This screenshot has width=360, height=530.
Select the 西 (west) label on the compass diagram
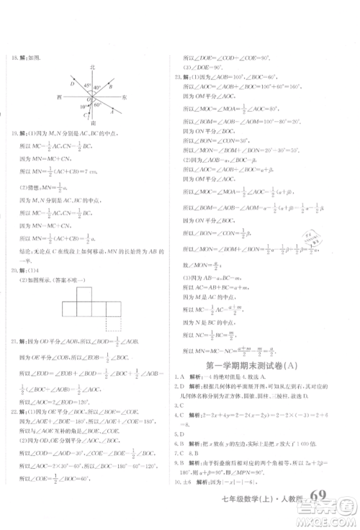click(x=60, y=96)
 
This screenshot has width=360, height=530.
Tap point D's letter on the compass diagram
click(x=72, y=84)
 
